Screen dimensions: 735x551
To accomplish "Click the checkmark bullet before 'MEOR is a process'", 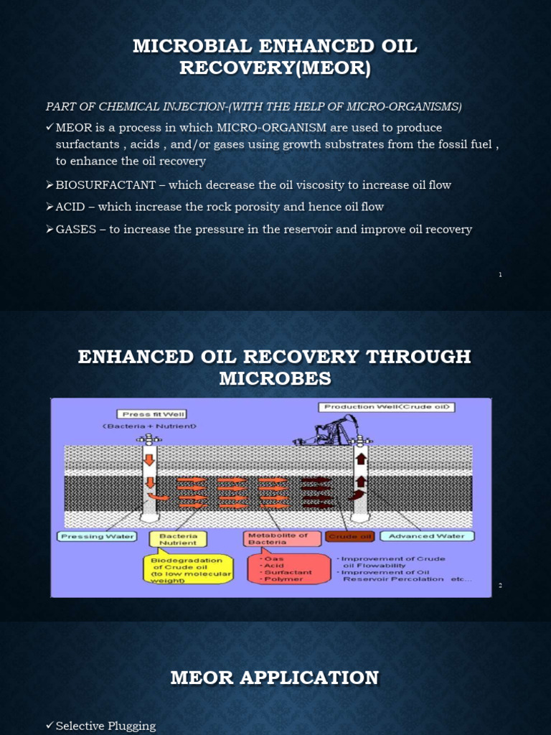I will tap(50, 127).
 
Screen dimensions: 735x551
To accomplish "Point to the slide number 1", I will tap(500, 276).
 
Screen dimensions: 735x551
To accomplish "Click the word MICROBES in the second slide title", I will tap(275, 378).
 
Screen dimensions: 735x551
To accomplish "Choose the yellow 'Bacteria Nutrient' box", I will tap(177, 540).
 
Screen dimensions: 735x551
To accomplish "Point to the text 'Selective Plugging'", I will tap(105, 726).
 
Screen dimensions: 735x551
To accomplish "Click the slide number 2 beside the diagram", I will tap(500, 586).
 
